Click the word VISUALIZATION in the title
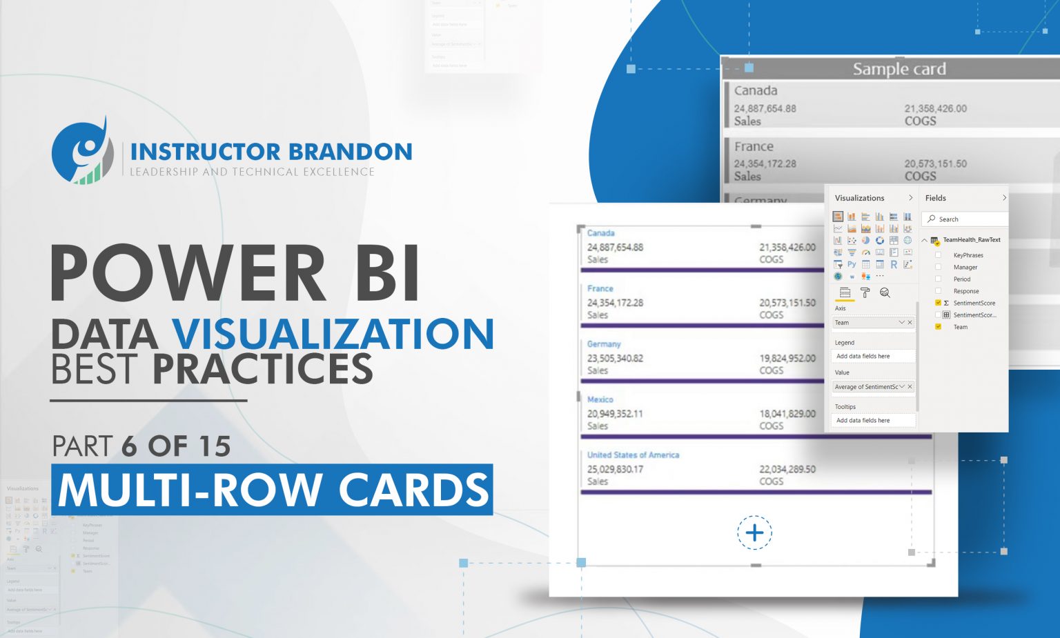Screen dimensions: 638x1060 coord(333,334)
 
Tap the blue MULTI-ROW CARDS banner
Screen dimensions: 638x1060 coord(273,490)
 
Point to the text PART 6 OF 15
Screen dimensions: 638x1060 coord(141,446)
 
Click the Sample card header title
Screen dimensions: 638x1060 coord(899,69)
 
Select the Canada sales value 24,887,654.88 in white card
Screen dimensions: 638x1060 coord(615,247)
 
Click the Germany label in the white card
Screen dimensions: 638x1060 coord(604,344)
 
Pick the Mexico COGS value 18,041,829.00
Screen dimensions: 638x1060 coord(787,414)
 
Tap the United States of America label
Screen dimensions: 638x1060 coord(633,455)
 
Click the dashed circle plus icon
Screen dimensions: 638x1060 coord(754,532)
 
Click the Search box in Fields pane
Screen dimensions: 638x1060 coord(966,219)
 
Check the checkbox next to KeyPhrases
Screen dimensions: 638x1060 coord(938,255)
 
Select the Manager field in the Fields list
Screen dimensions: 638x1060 coord(965,267)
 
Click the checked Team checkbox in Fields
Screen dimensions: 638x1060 coord(938,327)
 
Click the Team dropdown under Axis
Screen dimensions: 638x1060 coord(873,323)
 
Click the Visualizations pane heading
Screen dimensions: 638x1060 coord(859,198)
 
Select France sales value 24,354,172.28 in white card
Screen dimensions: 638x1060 coord(615,303)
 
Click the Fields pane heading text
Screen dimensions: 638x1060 coord(935,198)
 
